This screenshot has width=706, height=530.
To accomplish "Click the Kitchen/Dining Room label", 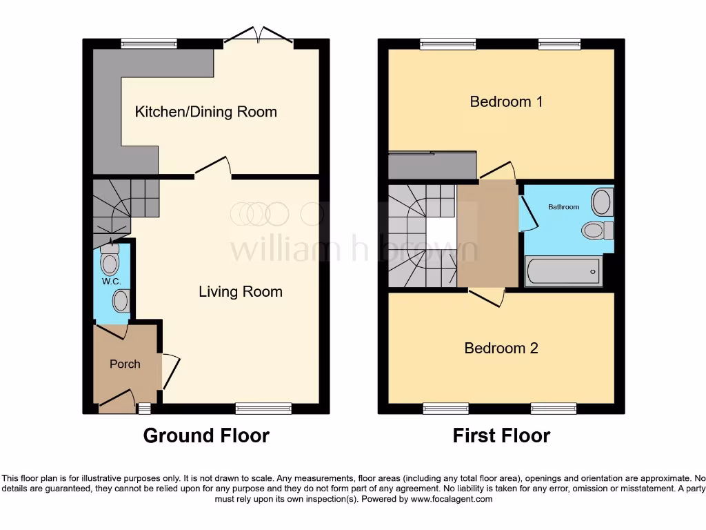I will (x=205, y=112).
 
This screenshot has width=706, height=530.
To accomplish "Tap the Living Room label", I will (x=240, y=292).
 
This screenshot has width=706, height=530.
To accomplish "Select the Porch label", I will (x=125, y=364).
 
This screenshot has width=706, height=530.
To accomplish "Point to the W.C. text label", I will (x=111, y=282).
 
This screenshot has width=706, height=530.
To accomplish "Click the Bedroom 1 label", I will (x=506, y=102).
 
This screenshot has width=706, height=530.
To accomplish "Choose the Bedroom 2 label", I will (x=501, y=348).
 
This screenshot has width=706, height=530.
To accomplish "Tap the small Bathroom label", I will (x=563, y=207).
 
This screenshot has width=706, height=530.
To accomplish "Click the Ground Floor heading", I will (x=206, y=435).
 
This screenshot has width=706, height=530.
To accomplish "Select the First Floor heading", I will (x=501, y=435).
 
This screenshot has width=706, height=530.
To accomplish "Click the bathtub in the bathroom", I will (x=563, y=271).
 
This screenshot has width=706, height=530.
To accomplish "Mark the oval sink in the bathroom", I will (x=602, y=202).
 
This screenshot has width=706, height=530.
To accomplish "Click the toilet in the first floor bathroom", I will (x=596, y=230).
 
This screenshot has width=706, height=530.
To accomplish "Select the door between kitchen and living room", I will (x=213, y=168).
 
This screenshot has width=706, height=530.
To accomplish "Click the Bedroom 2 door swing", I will (x=487, y=297).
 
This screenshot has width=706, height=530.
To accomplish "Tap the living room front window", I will (x=263, y=409).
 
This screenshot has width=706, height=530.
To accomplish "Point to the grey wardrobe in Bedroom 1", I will (x=432, y=165).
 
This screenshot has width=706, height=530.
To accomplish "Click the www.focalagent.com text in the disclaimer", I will (x=452, y=499).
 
